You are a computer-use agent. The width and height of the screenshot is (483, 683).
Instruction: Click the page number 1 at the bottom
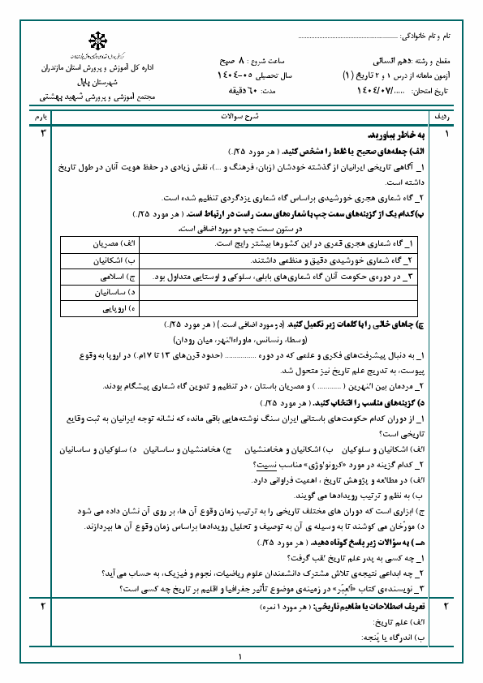(x=241, y=658)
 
